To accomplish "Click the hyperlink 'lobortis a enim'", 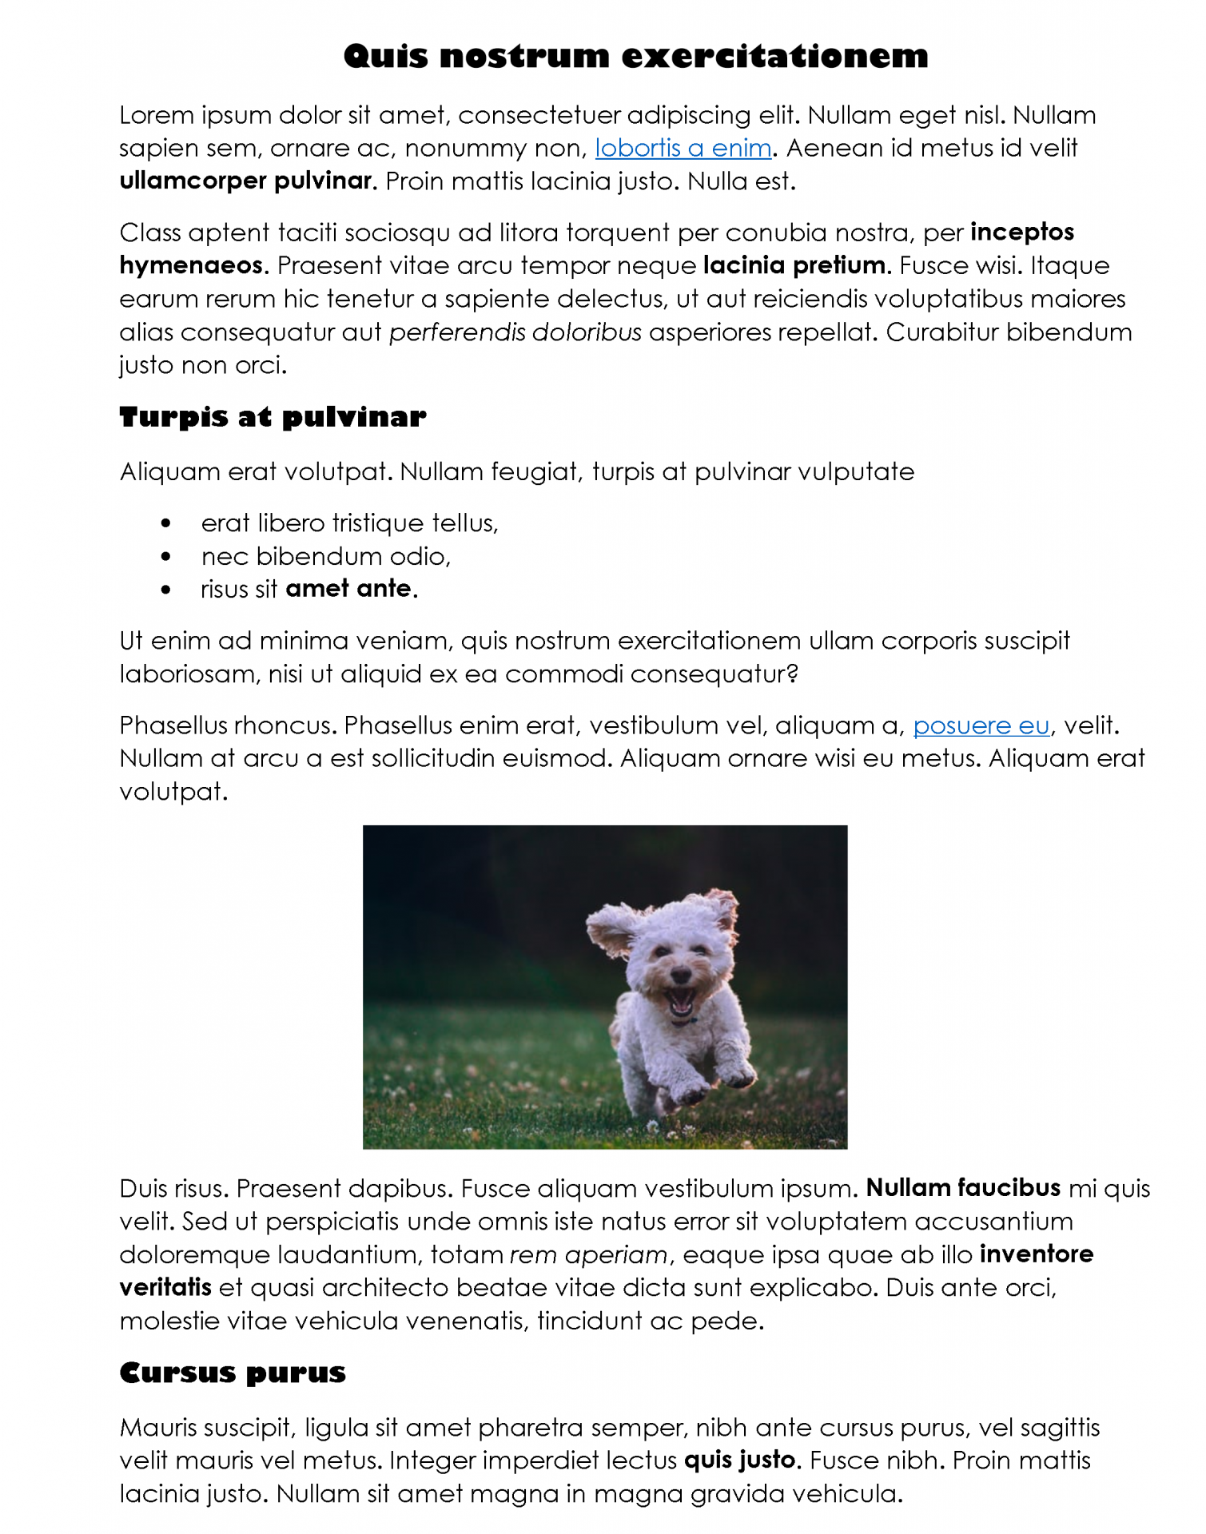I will pos(683,149).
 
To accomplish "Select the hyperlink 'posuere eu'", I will pos(981,725).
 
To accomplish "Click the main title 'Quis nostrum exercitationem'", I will pos(635,57).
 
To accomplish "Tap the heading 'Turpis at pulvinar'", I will pos(273,417).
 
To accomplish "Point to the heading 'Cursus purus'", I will pos(233,1373).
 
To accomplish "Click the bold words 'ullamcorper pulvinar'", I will pos(247,181).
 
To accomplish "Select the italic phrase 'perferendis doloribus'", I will pos(515,332).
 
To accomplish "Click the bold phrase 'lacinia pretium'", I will pos(795,265).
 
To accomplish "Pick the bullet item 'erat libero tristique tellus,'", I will pos(349,523).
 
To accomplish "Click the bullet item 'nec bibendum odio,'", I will pos(326,556).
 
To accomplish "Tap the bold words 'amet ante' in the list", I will pos(348,589).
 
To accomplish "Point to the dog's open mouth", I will pos(682,1002).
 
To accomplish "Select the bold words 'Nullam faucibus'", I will pos(963,1188).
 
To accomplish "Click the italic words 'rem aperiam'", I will pos(589,1255).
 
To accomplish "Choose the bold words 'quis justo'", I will pos(741,1460).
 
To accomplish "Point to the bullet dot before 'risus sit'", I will pos(165,590).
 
